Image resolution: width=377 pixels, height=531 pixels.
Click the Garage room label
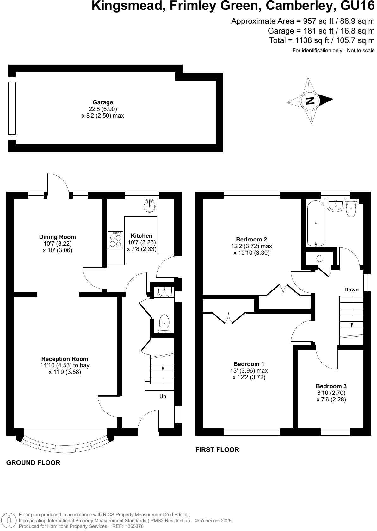pyautogui.click(x=103, y=102)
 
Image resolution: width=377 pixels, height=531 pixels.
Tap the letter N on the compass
pyautogui.click(x=310, y=101)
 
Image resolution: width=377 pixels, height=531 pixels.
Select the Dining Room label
pyautogui.click(x=57, y=237)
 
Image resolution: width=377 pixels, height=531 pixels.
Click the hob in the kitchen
pyautogui.click(x=115, y=240)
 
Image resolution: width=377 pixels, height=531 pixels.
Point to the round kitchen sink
pyautogui.click(x=150, y=206)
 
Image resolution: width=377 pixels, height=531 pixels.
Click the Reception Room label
pyautogui.click(x=65, y=359)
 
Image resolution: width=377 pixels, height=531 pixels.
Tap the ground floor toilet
pyautogui.click(x=164, y=323)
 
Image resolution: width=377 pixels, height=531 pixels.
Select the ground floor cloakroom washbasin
pyautogui.click(x=164, y=292)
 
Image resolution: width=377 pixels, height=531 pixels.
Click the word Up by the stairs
pyautogui.click(x=163, y=397)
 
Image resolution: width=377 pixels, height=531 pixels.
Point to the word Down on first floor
pyautogui.click(x=351, y=290)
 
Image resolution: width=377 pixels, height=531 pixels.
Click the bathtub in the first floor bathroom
pyautogui.click(x=316, y=223)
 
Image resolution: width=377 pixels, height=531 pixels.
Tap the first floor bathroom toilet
pyautogui.click(x=351, y=209)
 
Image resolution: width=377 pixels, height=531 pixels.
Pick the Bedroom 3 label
pyautogui.click(x=331, y=386)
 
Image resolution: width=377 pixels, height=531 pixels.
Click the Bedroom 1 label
pyautogui.click(x=249, y=364)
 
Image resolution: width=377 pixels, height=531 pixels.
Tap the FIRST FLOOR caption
pyautogui.click(x=217, y=450)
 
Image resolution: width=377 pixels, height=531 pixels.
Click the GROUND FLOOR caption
pyautogui.click(x=33, y=463)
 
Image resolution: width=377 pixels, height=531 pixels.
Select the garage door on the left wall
pyautogui.click(x=12, y=108)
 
